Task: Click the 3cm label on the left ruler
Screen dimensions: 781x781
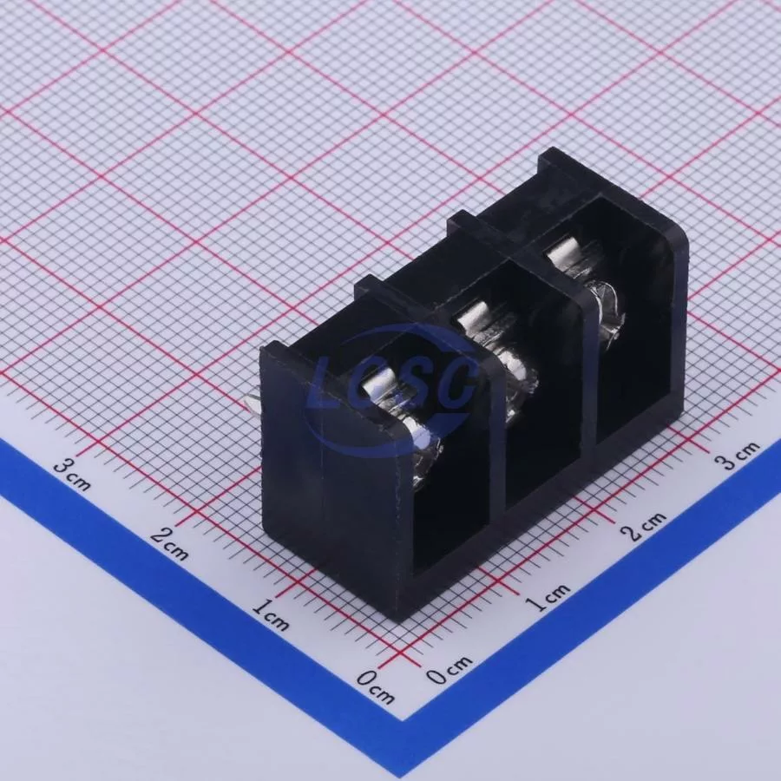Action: click(x=72, y=474)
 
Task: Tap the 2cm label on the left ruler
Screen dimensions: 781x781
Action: click(x=169, y=543)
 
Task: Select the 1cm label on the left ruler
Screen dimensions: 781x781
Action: click(x=271, y=614)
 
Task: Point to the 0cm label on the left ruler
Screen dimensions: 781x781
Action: click(x=376, y=686)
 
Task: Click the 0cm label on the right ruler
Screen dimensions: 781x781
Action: click(x=449, y=670)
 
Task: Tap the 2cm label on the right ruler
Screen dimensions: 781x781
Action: click(x=644, y=526)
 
